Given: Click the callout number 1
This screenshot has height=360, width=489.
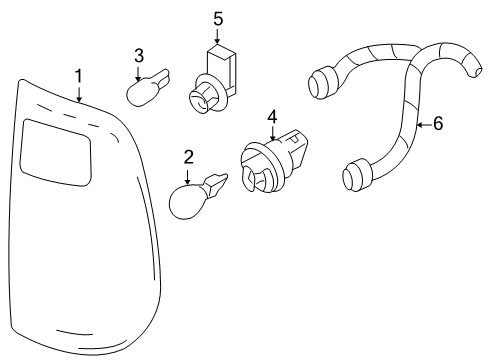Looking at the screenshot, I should pyautogui.click(x=79, y=76).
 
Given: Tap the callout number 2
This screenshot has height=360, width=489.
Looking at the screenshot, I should pyautogui.click(x=187, y=157).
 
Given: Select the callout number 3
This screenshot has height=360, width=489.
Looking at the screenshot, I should pyautogui.click(x=140, y=56).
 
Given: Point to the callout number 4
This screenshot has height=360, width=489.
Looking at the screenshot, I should pyautogui.click(x=271, y=118).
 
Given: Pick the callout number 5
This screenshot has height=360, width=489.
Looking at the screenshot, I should pyautogui.click(x=219, y=17).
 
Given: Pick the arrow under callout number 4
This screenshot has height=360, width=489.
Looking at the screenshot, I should pyautogui.click(x=271, y=136).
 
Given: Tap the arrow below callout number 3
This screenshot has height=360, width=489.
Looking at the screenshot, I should pyautogui.click(x=140, y=73).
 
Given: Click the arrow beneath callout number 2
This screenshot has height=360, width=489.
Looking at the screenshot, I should pyautogui.click(x=187, y=174).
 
